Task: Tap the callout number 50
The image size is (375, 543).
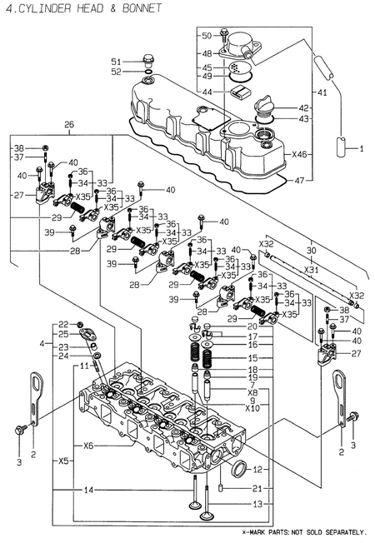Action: [x=207, y=35]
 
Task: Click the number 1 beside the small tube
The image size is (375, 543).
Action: [x=362, y=149]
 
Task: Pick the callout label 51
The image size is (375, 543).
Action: [x=117, y=62]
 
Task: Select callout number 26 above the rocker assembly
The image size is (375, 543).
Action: [x=69, y=126]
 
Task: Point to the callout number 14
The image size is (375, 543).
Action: [x=77, y=491]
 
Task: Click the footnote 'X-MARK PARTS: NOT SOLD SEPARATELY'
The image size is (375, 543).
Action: [x=303, y=531]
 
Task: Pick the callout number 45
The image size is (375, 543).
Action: [x=207, y=67]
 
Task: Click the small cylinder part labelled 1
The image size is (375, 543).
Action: [x=342, y=149]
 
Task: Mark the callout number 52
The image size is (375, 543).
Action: [x=117, y=72]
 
